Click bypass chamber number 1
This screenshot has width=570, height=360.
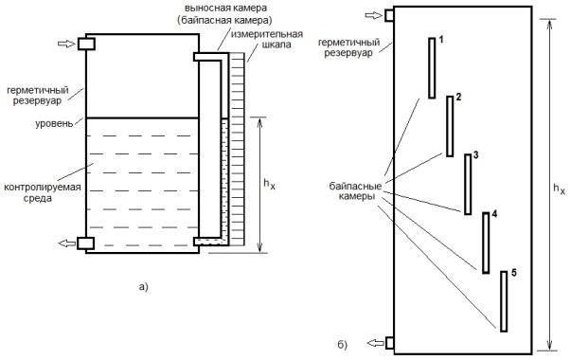point(432,68)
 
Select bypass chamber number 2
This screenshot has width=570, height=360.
point(450,126)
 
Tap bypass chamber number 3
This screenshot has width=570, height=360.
point(468,185)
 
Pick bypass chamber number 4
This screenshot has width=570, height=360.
point(486,243)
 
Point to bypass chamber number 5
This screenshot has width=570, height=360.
point(504,301)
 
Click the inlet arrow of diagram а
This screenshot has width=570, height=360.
point(65,44)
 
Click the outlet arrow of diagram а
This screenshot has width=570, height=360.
point(67,243)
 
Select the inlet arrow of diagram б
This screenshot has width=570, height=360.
point(373,15)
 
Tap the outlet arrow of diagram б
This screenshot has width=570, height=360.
point(376,343)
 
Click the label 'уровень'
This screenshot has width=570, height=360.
point(54,124)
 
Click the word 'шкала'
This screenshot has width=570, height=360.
point(276,45)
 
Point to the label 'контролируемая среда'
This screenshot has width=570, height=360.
point(43,192)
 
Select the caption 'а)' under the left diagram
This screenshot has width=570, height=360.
point(144,287)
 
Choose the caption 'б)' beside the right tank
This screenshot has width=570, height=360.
point(343,344)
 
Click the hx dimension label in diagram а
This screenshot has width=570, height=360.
point(269,184)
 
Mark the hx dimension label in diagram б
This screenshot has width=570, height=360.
point(559,189)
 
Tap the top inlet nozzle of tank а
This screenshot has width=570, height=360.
point(86,44)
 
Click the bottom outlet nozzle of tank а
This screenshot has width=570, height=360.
point(86,243)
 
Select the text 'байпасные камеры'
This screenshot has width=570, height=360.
point(355,191)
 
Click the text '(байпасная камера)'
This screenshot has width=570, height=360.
point(224,20)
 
